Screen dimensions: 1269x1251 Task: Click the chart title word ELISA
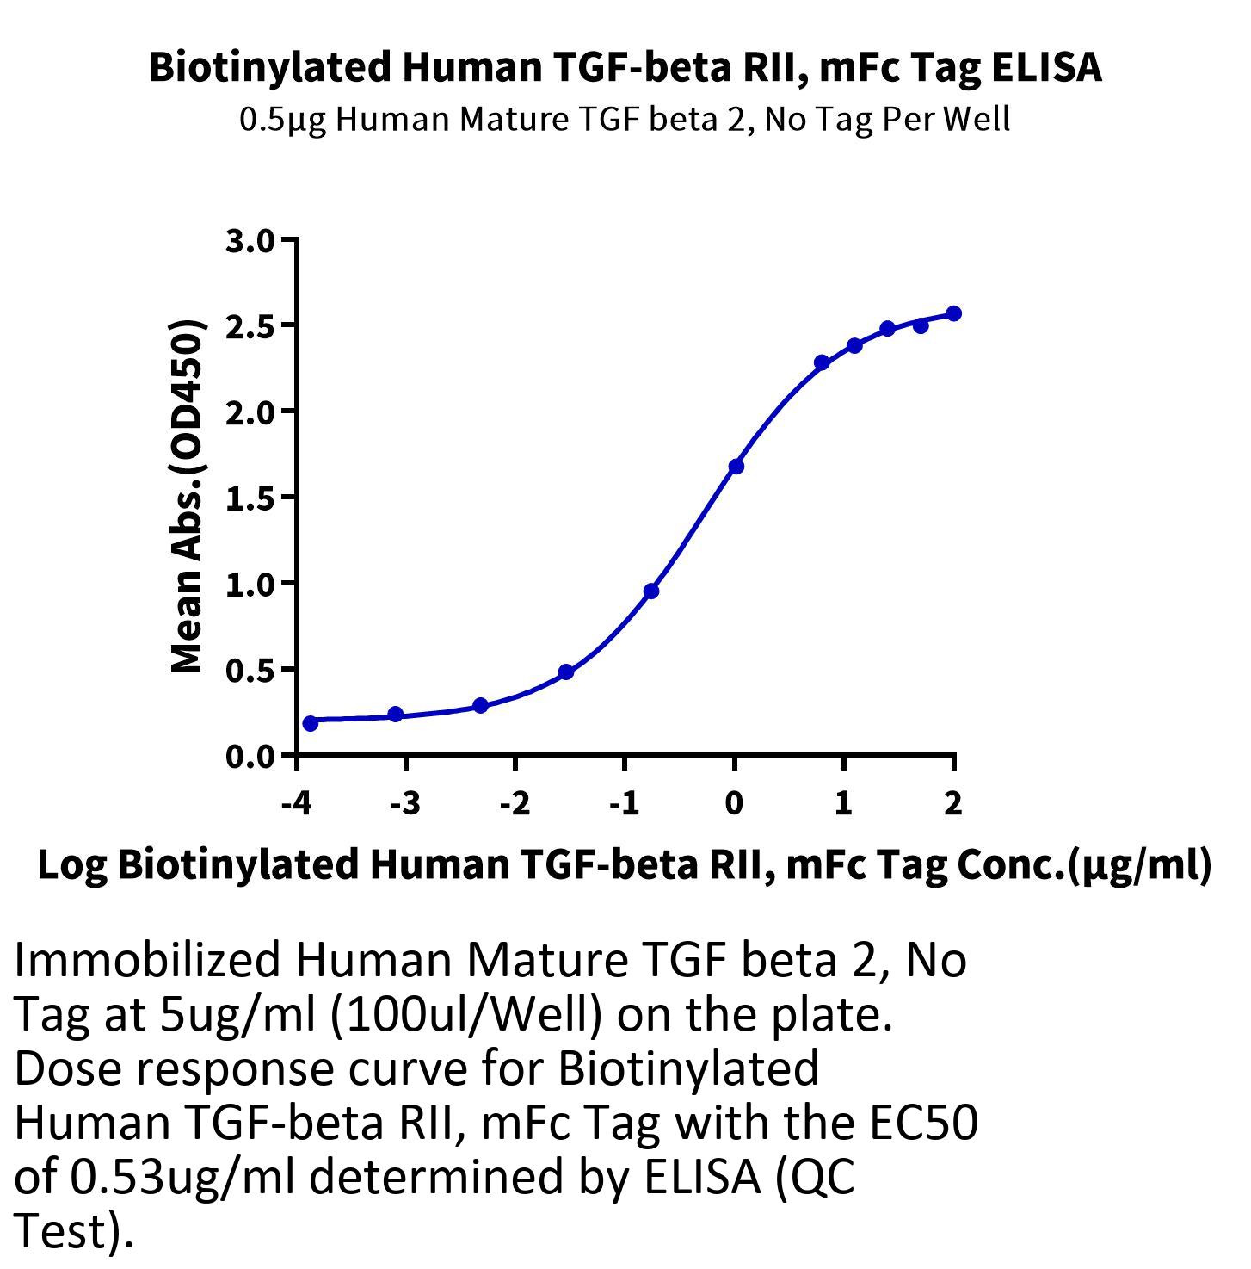[1046, 67]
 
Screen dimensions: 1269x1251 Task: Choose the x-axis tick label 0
[734, 803]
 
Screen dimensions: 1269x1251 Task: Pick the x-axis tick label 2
[952, 803]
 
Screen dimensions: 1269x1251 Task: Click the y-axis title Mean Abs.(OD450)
[187, 497]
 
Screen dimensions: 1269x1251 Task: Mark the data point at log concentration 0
[736, 467]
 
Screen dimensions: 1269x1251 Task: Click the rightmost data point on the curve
[953, 313]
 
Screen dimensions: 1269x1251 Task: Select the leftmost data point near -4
[311, 723]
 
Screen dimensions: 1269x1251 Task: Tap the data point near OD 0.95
[651, 591]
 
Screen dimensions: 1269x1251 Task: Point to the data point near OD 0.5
[565, 672]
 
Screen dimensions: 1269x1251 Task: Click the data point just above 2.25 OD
[822, 362]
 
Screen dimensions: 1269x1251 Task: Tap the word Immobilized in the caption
[147, 960]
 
